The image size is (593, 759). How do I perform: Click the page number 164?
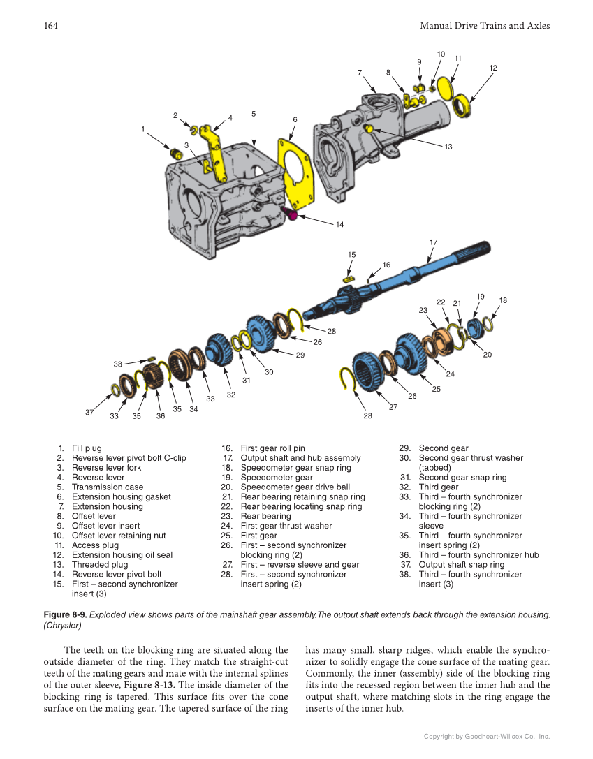[50, 26]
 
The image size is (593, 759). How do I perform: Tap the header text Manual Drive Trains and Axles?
[485, 26]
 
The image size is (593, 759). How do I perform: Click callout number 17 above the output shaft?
[433, 242]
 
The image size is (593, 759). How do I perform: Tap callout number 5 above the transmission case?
[254, 113]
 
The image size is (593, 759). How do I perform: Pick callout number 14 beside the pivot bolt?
[339, 225]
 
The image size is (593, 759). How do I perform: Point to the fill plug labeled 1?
[177, 152]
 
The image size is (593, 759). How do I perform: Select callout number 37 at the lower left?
[89, 413]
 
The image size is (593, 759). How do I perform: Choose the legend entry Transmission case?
[108, 487]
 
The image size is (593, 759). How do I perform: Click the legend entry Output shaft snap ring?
[461, 565]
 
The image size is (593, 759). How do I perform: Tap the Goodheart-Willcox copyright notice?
[487, 736]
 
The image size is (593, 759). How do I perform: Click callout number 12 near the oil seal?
[492, 68]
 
